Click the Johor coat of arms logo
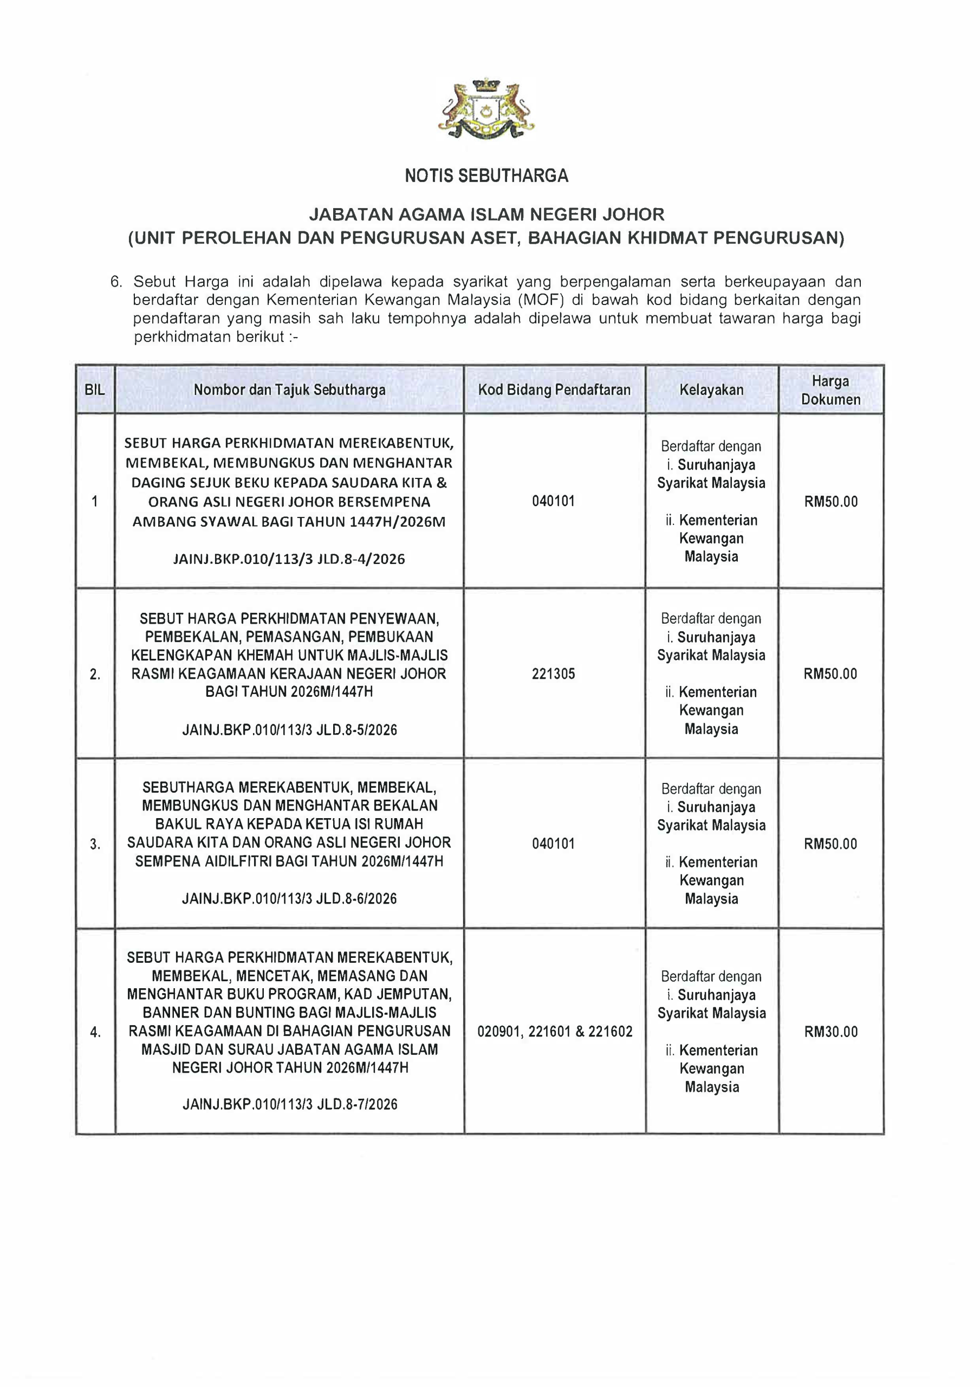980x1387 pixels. click(x=486, y=109)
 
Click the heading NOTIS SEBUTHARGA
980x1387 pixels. click(x=486, y=176)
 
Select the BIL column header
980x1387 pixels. click(x=95, y=390)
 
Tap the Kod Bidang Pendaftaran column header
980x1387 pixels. click(x=554, y=390)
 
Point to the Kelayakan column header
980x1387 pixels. click(x=711, y=390)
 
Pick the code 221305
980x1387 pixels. click(x=554, y=673)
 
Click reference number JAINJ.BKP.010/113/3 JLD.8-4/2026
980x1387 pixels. click(x=289, y=559)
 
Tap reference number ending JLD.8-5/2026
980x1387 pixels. click(x=289, y=730)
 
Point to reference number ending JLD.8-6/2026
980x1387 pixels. click(x=289, y=899)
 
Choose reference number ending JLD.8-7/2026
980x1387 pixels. click(x=290, y=1105)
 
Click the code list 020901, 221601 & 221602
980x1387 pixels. click(x=555, y=1032)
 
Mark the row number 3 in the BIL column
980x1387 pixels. click(x=95, y=845)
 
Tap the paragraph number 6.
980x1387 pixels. click(x=116, y=282)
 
